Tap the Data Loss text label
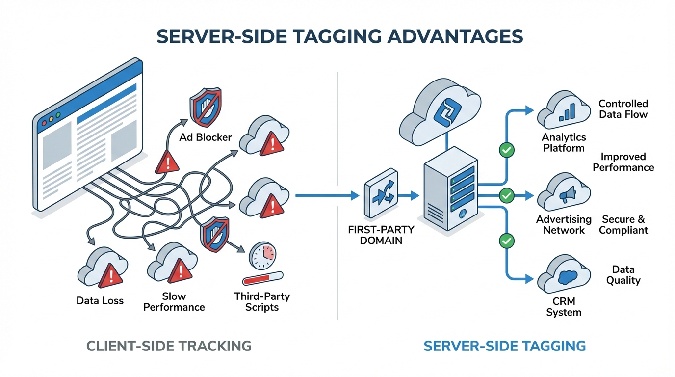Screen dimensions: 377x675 click(100, 300)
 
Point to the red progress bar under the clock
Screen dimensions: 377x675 click(262, 279)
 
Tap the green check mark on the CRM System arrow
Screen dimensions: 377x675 click(506, 241)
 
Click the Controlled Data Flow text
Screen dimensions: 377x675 click(623, 109)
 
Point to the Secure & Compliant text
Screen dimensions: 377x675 click(623, 225)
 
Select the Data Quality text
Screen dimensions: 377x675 click(623, 275)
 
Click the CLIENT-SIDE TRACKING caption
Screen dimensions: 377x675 click(169, 346)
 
